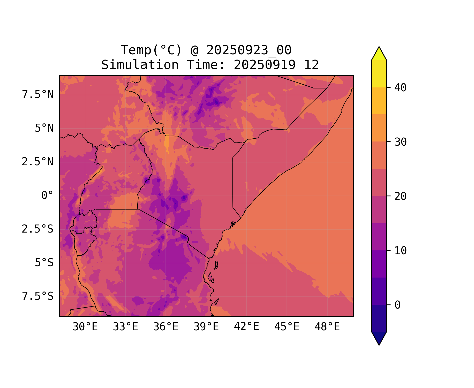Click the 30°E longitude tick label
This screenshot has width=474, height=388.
click(x=85, y=327)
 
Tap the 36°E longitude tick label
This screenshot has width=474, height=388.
click(x=166, y=327)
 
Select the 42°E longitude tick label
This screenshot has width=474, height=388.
click(x=246, y=327)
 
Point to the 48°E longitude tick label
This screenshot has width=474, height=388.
click(x=327, y=327)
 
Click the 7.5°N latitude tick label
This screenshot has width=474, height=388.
click(x=38, y=95)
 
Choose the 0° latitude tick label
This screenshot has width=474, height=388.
click(x=47, y=196)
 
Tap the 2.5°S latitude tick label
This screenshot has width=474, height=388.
click(x=38, y=229)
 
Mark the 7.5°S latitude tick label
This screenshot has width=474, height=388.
click(x=38, y=296)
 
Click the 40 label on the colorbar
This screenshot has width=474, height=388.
click(x=400, y=88)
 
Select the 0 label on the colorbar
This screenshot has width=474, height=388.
click(x=397, y=305)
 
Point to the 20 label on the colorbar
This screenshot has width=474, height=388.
click(x=400, y=196)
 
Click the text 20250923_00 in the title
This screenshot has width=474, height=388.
click(x=249, y=50)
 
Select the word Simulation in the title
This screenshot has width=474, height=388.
click(x=140, y=65)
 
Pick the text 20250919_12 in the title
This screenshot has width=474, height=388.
click(x=276, y=65)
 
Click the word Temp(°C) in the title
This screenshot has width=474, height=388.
click(x=151, y=50)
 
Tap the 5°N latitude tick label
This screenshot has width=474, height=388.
click(x=44, y=128)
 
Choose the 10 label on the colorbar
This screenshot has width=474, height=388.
click(x=400, y=251)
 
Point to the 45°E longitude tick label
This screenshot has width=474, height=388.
click(x=287, y=327)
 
